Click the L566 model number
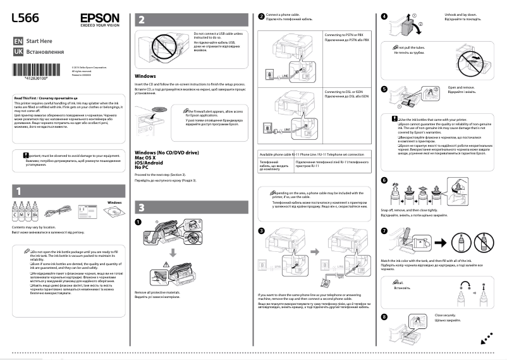pos(23,20)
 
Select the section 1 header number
pos(19,190)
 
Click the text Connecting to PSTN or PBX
pos(347,35)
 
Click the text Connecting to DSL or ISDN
pos(346,93)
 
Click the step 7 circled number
pos(385,232)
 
